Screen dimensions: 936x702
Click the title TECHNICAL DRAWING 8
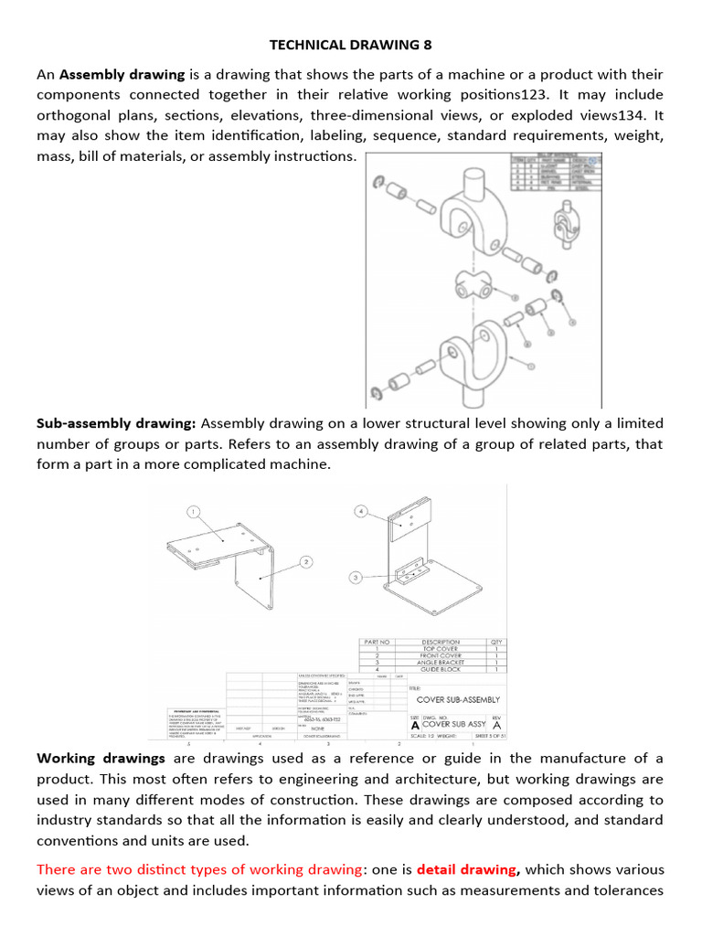(x=351, y=44)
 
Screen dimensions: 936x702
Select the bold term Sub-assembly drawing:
(x=116, y=423)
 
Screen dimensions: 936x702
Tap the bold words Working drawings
(x=101, y=758)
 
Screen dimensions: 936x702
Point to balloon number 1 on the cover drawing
(x=194, y=511)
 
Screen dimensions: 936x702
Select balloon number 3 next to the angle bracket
(x=356, y=578)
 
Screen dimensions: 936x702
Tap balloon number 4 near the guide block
(x=362, y=512)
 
